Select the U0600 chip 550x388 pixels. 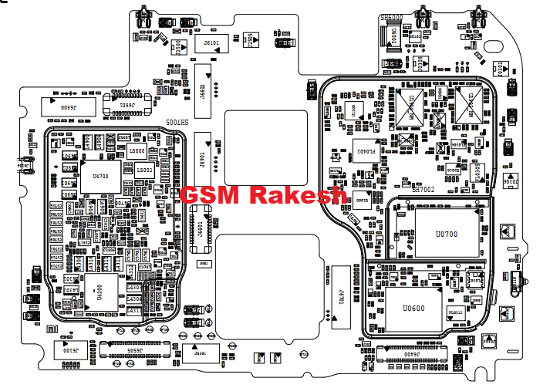pos(413,309)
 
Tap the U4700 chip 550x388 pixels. pos(100,177)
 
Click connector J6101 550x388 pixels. pos(210,42)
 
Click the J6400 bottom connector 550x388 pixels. pos(407,355)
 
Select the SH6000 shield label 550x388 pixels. pos(392,16)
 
